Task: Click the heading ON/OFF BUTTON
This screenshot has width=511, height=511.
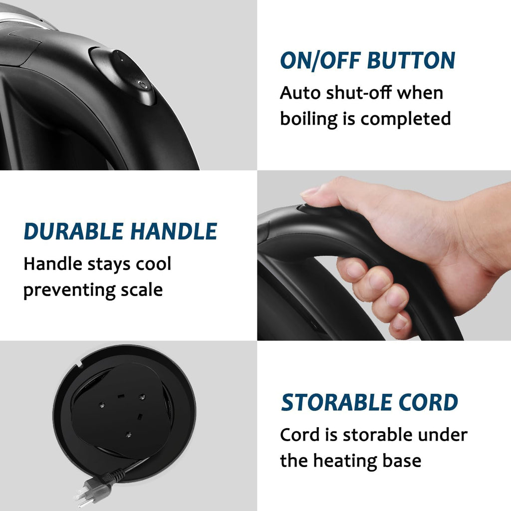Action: click(367, 60)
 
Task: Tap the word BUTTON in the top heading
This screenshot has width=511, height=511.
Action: click(411, 60)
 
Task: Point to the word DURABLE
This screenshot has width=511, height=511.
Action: click(73, 232)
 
